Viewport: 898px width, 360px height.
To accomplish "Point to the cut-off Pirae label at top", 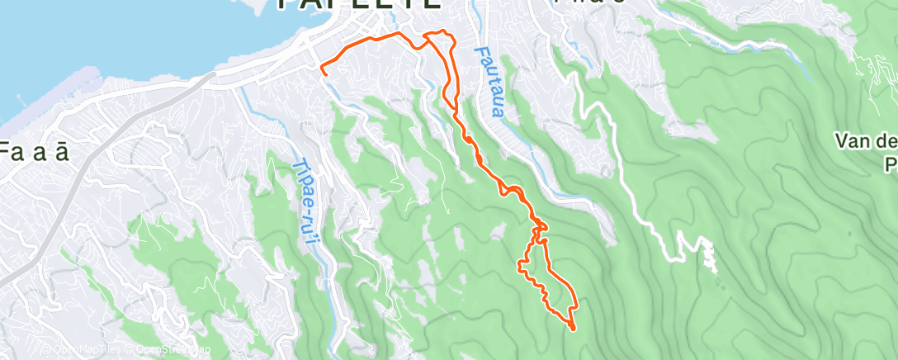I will [x=589, y=3].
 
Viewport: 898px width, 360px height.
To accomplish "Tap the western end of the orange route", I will [x=322, y=73].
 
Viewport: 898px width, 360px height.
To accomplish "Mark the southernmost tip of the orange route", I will [x=573, y=329].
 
